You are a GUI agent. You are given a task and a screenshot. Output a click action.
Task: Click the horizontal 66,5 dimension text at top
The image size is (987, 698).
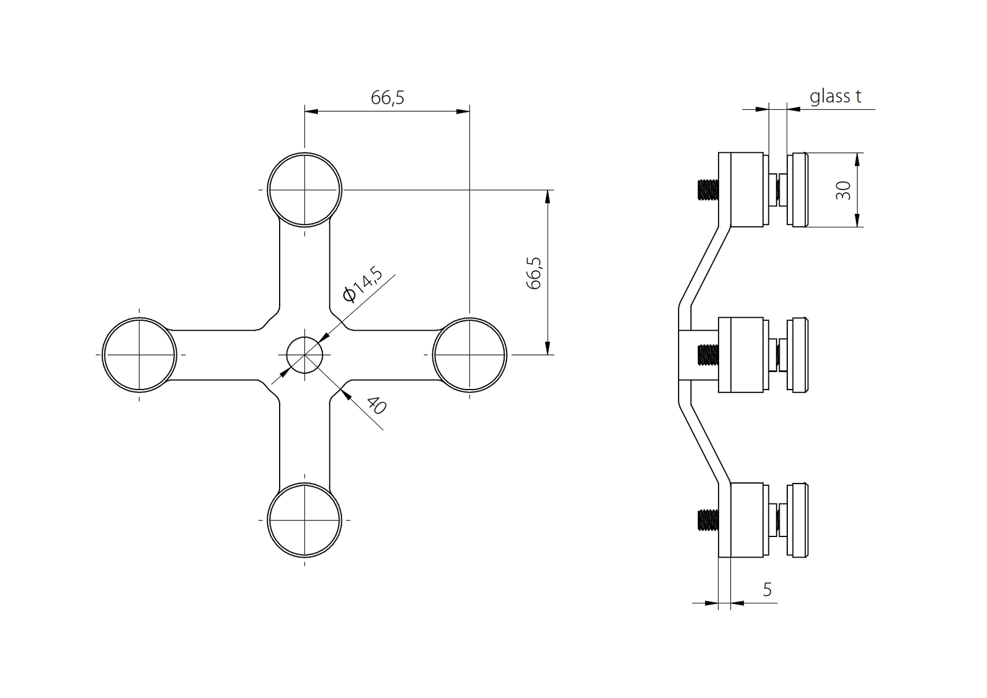[387, 98]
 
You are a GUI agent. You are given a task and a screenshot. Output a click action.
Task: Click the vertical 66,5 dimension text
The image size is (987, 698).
[534, 273]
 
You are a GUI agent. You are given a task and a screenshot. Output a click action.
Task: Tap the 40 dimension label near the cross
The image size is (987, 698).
[376, 405]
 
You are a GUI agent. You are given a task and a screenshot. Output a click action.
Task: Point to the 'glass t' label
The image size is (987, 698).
[835, 96]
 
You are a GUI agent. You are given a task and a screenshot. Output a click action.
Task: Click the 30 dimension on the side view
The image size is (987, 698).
[843, 190]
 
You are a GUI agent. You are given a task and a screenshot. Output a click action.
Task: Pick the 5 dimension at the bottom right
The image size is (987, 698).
[767, 589]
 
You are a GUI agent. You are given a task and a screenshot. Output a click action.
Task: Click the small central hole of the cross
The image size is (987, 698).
[304, 355]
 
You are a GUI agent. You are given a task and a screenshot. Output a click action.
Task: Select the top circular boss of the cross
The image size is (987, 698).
[304, 190]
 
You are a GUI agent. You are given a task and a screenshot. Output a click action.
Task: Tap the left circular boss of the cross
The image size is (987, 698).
[139, 355]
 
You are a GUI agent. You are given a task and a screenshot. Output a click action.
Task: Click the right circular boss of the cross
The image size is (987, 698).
[469, 355]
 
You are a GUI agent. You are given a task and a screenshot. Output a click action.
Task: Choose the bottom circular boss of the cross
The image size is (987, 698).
[304, 520]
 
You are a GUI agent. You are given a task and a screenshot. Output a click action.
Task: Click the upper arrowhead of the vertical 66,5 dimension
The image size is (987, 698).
[548, 196]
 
